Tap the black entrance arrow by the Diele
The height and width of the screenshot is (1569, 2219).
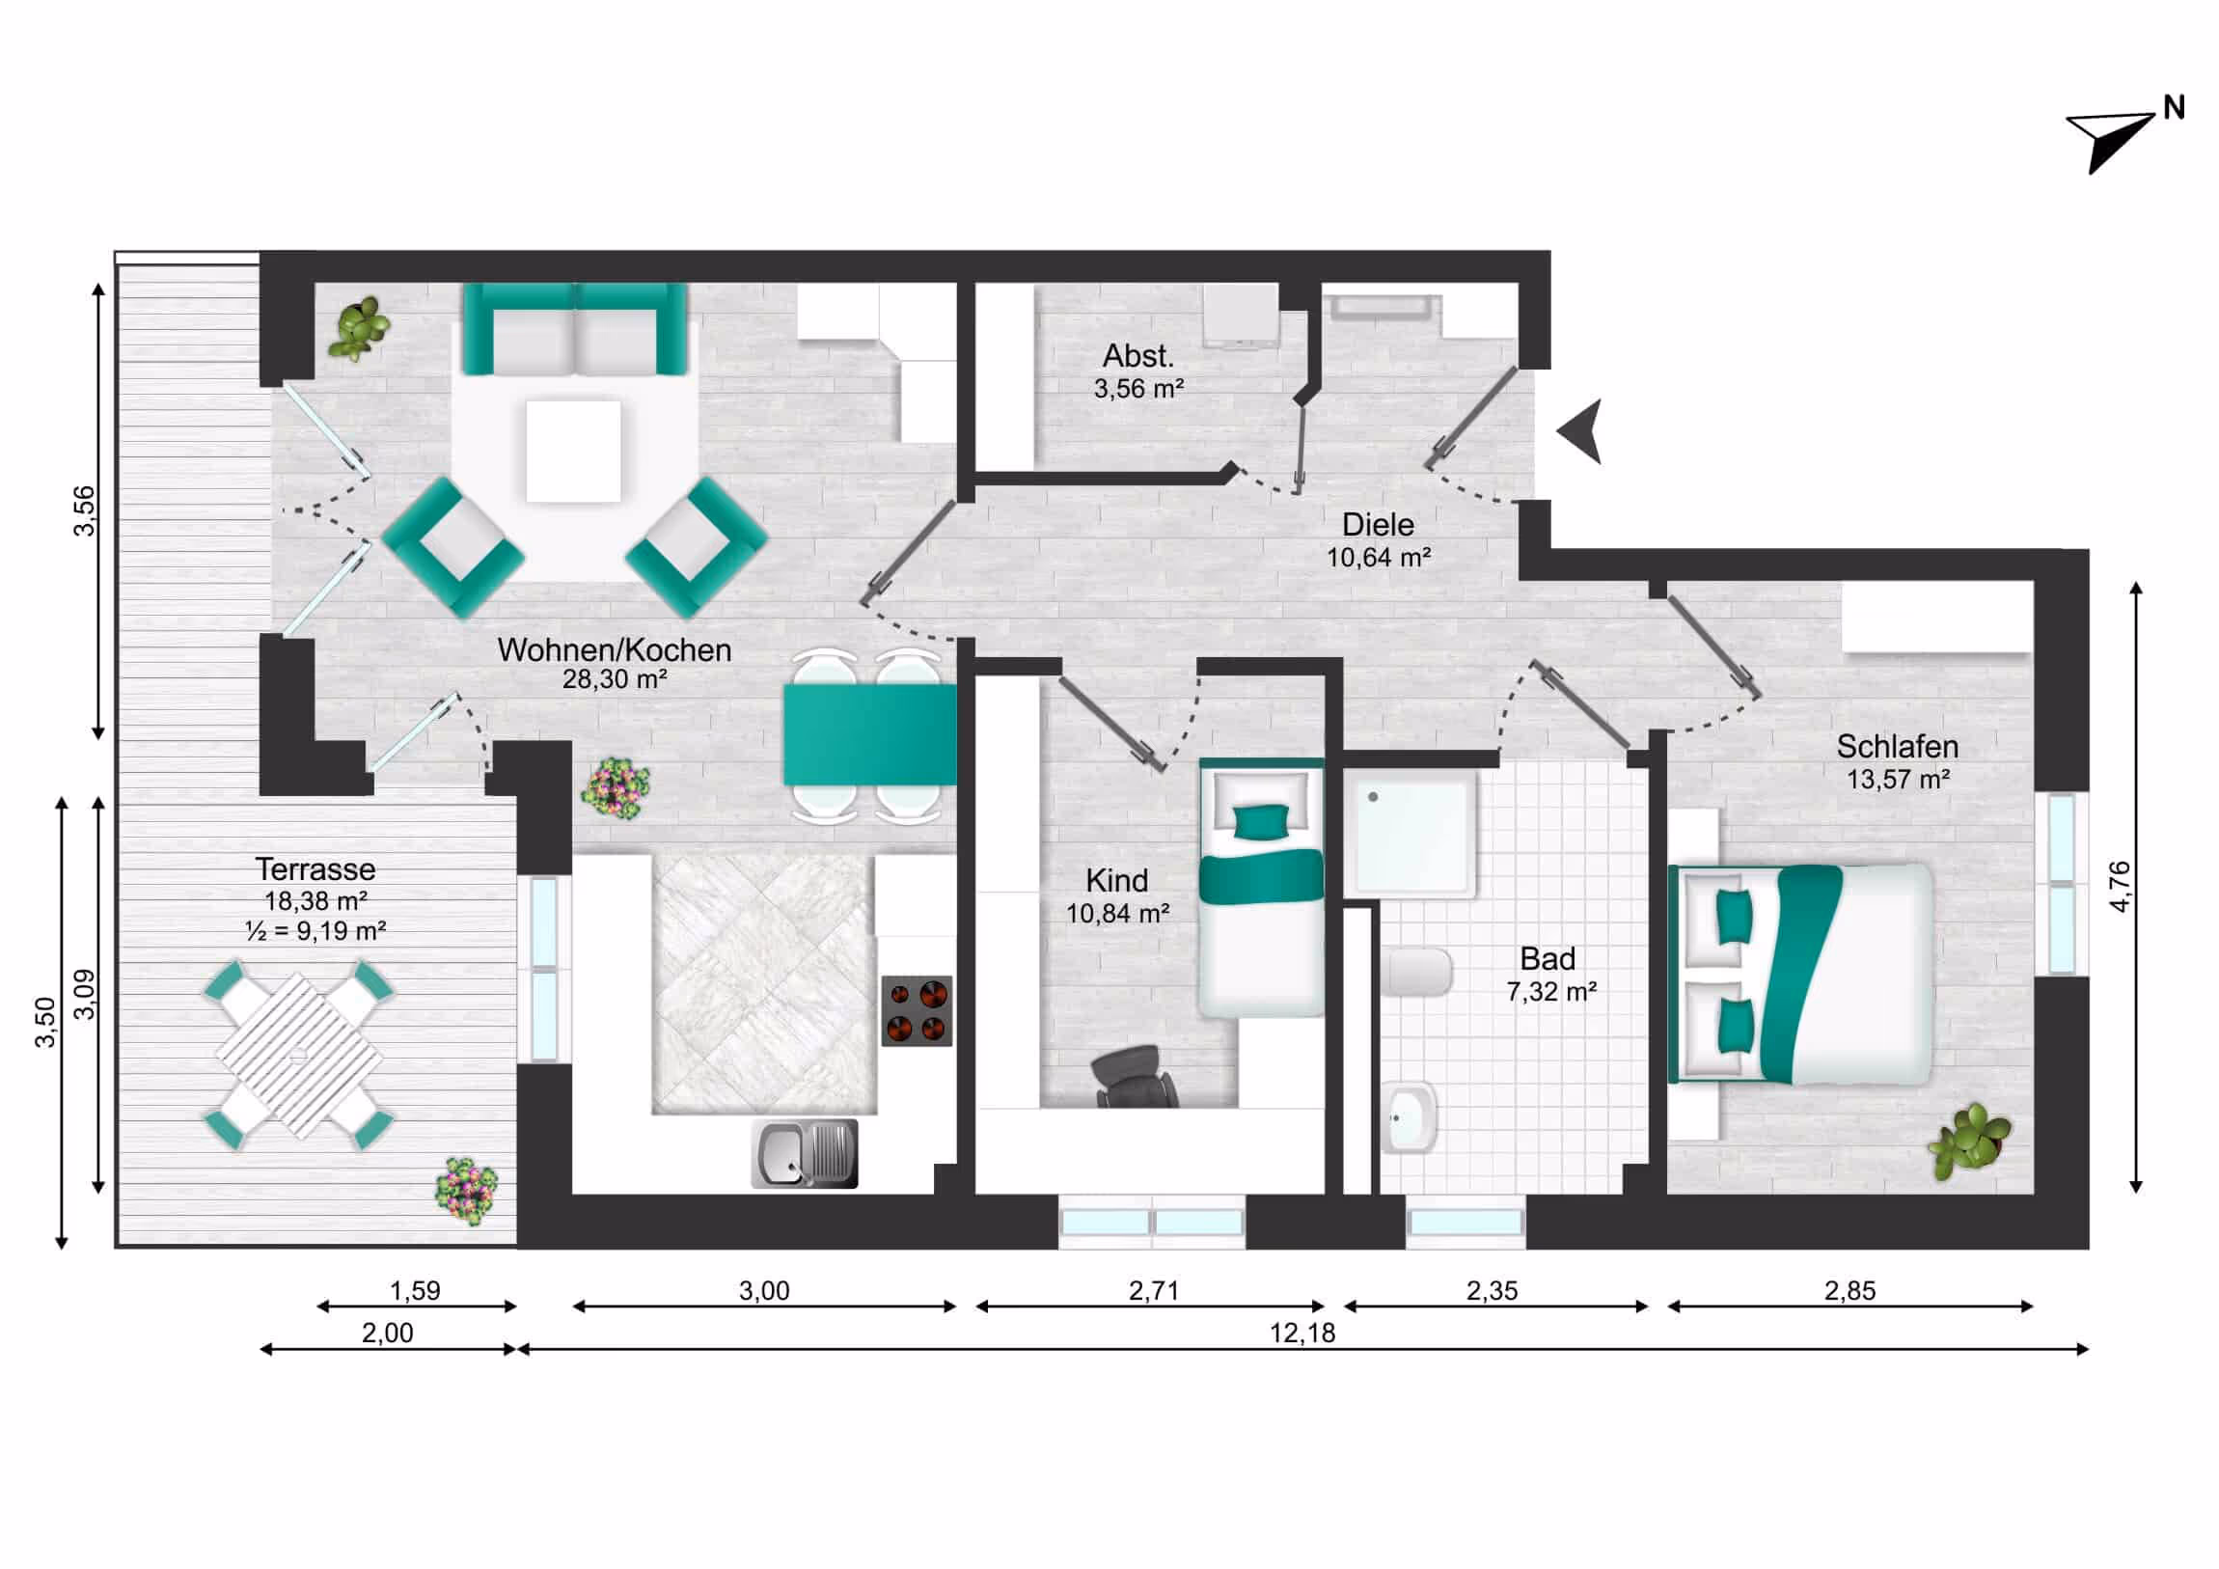point(1582,431)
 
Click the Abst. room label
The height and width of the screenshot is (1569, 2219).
point(1138,356)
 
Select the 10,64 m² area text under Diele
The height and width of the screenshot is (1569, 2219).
point(1378,558)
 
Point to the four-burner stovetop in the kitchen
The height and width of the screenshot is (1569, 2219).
point(917,1010)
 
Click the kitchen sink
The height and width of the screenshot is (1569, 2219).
point(804,1153)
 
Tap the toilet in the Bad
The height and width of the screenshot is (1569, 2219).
point(1415,973)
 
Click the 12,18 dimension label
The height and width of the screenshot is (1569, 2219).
point(1301,1334)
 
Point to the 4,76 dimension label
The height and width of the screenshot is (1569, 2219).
point(2120,886)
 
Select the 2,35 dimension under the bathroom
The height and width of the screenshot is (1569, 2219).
point(1492,1290)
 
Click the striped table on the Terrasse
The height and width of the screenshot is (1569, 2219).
point(299,1056)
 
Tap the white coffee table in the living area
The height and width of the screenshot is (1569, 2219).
point(573,452)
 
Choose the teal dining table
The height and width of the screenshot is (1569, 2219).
point(869,733)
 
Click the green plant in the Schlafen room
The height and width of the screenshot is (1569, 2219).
point(1969,1142)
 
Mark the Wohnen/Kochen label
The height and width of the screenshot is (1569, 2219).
point(614,649)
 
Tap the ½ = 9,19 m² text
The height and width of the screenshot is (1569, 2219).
point(316,931)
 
